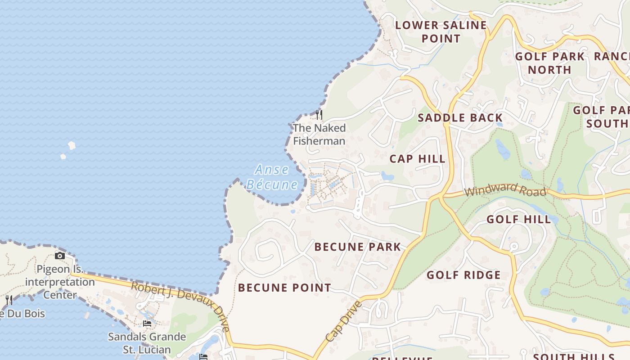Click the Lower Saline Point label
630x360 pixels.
[441, 31]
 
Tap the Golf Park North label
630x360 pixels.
[549, 63]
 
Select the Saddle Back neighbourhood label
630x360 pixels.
[460, 118]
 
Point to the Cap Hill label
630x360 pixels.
[417, 159]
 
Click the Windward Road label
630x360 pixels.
[505, 190]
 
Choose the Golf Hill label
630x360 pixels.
[518, 220]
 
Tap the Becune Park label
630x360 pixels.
[357, 247]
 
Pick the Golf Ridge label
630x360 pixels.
[463, 275]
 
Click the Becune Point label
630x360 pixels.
[284, 288]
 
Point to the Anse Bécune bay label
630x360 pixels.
[272, 177]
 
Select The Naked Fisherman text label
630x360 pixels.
[319, 134]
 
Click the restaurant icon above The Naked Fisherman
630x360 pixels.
[319, 114]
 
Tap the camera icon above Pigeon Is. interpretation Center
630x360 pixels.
[59, 256]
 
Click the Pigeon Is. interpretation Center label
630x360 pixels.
[60, 282]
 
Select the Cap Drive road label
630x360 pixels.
[343, 321]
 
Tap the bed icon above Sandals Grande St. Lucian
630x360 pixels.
[147, 323]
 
